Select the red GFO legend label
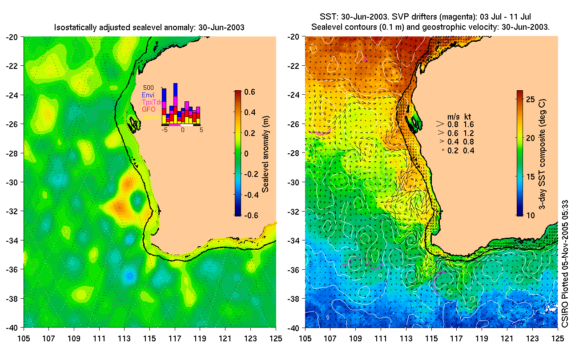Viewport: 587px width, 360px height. click(148, 109)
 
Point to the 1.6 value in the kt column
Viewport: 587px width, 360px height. click(469, 124)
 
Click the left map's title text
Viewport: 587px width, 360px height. click(149, 28)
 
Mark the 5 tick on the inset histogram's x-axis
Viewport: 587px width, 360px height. click(201, 131)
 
